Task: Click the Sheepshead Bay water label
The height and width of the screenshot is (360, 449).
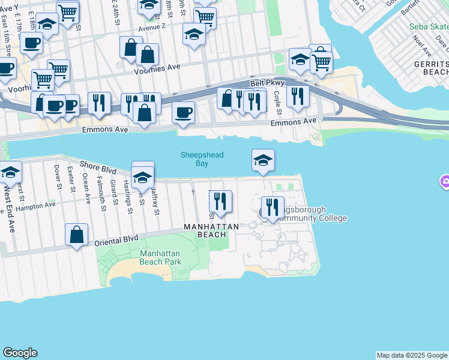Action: tap(202, 159)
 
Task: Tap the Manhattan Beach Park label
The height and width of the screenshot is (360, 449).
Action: tap(160, 257)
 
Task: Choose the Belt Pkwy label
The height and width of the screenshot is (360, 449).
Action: tap(267, 83)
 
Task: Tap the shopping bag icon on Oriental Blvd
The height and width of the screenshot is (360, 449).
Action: tap(77, 235)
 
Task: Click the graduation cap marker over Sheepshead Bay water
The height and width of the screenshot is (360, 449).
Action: tap(263, 160)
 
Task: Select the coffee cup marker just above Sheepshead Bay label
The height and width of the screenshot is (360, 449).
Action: tap(184, 112)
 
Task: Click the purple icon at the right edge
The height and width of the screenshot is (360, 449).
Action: tap(445, 181)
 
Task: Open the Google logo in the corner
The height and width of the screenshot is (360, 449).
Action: tap(20, 353)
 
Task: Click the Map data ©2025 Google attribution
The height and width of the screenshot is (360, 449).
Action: tap(412, 355)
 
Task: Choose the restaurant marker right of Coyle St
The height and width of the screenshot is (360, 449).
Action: tap(298, 96)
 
